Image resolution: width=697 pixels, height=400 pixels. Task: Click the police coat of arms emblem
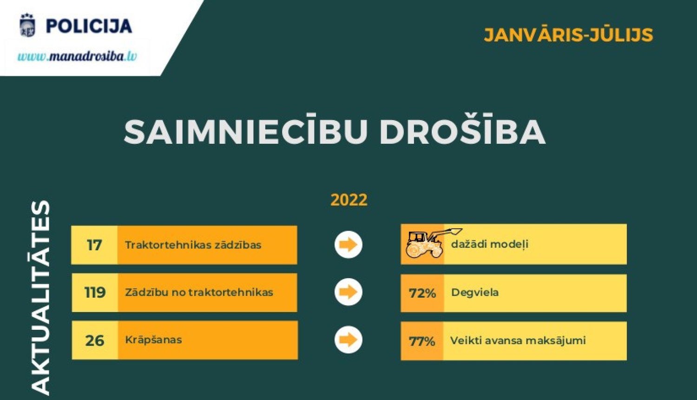pyautogui.click(x=28, y=26)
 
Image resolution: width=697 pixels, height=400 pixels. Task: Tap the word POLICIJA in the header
pyautogui.click(x=89, y=26)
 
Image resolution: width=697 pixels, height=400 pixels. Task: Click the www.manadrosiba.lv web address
pyautogui.click(x=77, y=57)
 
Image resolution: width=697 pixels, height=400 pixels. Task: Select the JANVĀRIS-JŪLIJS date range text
pyautogui.click(x=568, y=35)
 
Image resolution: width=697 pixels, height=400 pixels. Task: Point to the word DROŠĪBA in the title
pyautogui.click(x=462, y=132)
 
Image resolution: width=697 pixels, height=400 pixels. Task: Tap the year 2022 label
pyautogui.click(x=349, y=200)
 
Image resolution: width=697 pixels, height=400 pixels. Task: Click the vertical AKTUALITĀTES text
pyautogui.click(x=40, y=298)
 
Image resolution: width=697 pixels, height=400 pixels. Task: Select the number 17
pyautogui.click(x=94, y=245)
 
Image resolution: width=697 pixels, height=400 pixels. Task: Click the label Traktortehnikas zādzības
pyautogui.click(x=193, y=245)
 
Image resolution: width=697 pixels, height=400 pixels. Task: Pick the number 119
pyautogui.click(x=95, y=293)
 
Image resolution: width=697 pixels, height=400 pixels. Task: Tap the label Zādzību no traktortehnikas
pyautogui.click(x=199, y=293)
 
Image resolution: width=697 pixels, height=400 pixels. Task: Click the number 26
pyautogui.click(x=95, y=340)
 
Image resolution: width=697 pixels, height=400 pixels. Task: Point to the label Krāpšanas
pyautogui.click(x=153, y=340)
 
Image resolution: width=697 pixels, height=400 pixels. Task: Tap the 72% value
pyautogui.click(x=422, y=293)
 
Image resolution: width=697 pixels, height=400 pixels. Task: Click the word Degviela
pyautogui.click(x=475, y=293)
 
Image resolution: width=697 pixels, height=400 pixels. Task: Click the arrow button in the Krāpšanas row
pyautogui.click(x=348, y=340)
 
